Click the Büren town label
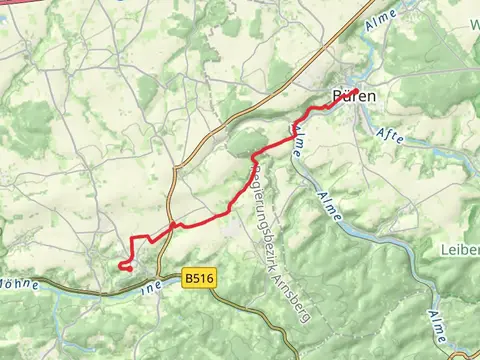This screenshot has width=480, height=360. pyautogui.click(x=353, y=97)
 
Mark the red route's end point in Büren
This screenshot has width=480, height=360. pyautogui.click(x=355, y=91)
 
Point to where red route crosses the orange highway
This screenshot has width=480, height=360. pyautogui.click(x=173, y=226)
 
